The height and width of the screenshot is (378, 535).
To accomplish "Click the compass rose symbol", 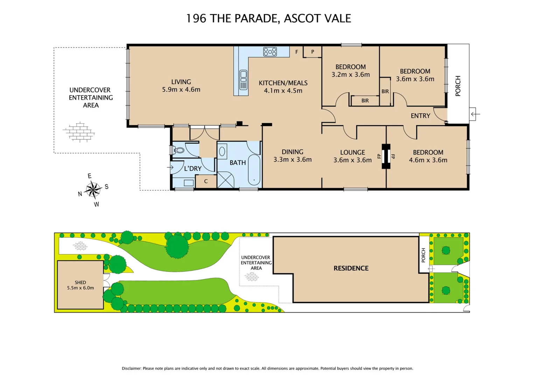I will tap(93, 190).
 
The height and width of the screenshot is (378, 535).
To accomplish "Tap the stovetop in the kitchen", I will tap(270, 52).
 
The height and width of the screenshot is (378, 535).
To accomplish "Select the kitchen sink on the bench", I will tap(243, 80).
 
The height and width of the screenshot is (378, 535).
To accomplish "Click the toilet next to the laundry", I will tap(179, 150).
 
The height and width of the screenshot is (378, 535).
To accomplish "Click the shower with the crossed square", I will tap(225, 180).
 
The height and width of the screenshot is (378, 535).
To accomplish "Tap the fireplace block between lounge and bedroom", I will tap(386, 156).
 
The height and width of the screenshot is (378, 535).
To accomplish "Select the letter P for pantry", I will tap(313, 52).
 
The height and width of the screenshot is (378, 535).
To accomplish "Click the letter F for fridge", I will tap(297, 52).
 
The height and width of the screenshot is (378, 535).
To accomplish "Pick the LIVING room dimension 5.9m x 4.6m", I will tap(181, 90).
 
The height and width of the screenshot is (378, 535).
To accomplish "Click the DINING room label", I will tap(292, 152).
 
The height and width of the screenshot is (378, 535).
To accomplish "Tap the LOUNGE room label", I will tap(352, 152).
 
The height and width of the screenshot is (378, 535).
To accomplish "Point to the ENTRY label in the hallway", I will tap(420, 116).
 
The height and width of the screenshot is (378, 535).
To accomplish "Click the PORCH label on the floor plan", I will tap(458, 86).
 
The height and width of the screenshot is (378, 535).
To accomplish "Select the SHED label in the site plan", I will tap(80, 282).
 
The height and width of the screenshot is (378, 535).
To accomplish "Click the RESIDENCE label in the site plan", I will tap(351, 268).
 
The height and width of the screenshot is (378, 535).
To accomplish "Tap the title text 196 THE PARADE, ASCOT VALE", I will tap(268, 18).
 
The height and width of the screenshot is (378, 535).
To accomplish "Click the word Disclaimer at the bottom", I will tap(131, 368).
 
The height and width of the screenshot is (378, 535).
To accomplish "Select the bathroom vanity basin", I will tap(222, 152).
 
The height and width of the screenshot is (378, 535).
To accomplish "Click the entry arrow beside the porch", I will tap(475, 114).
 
